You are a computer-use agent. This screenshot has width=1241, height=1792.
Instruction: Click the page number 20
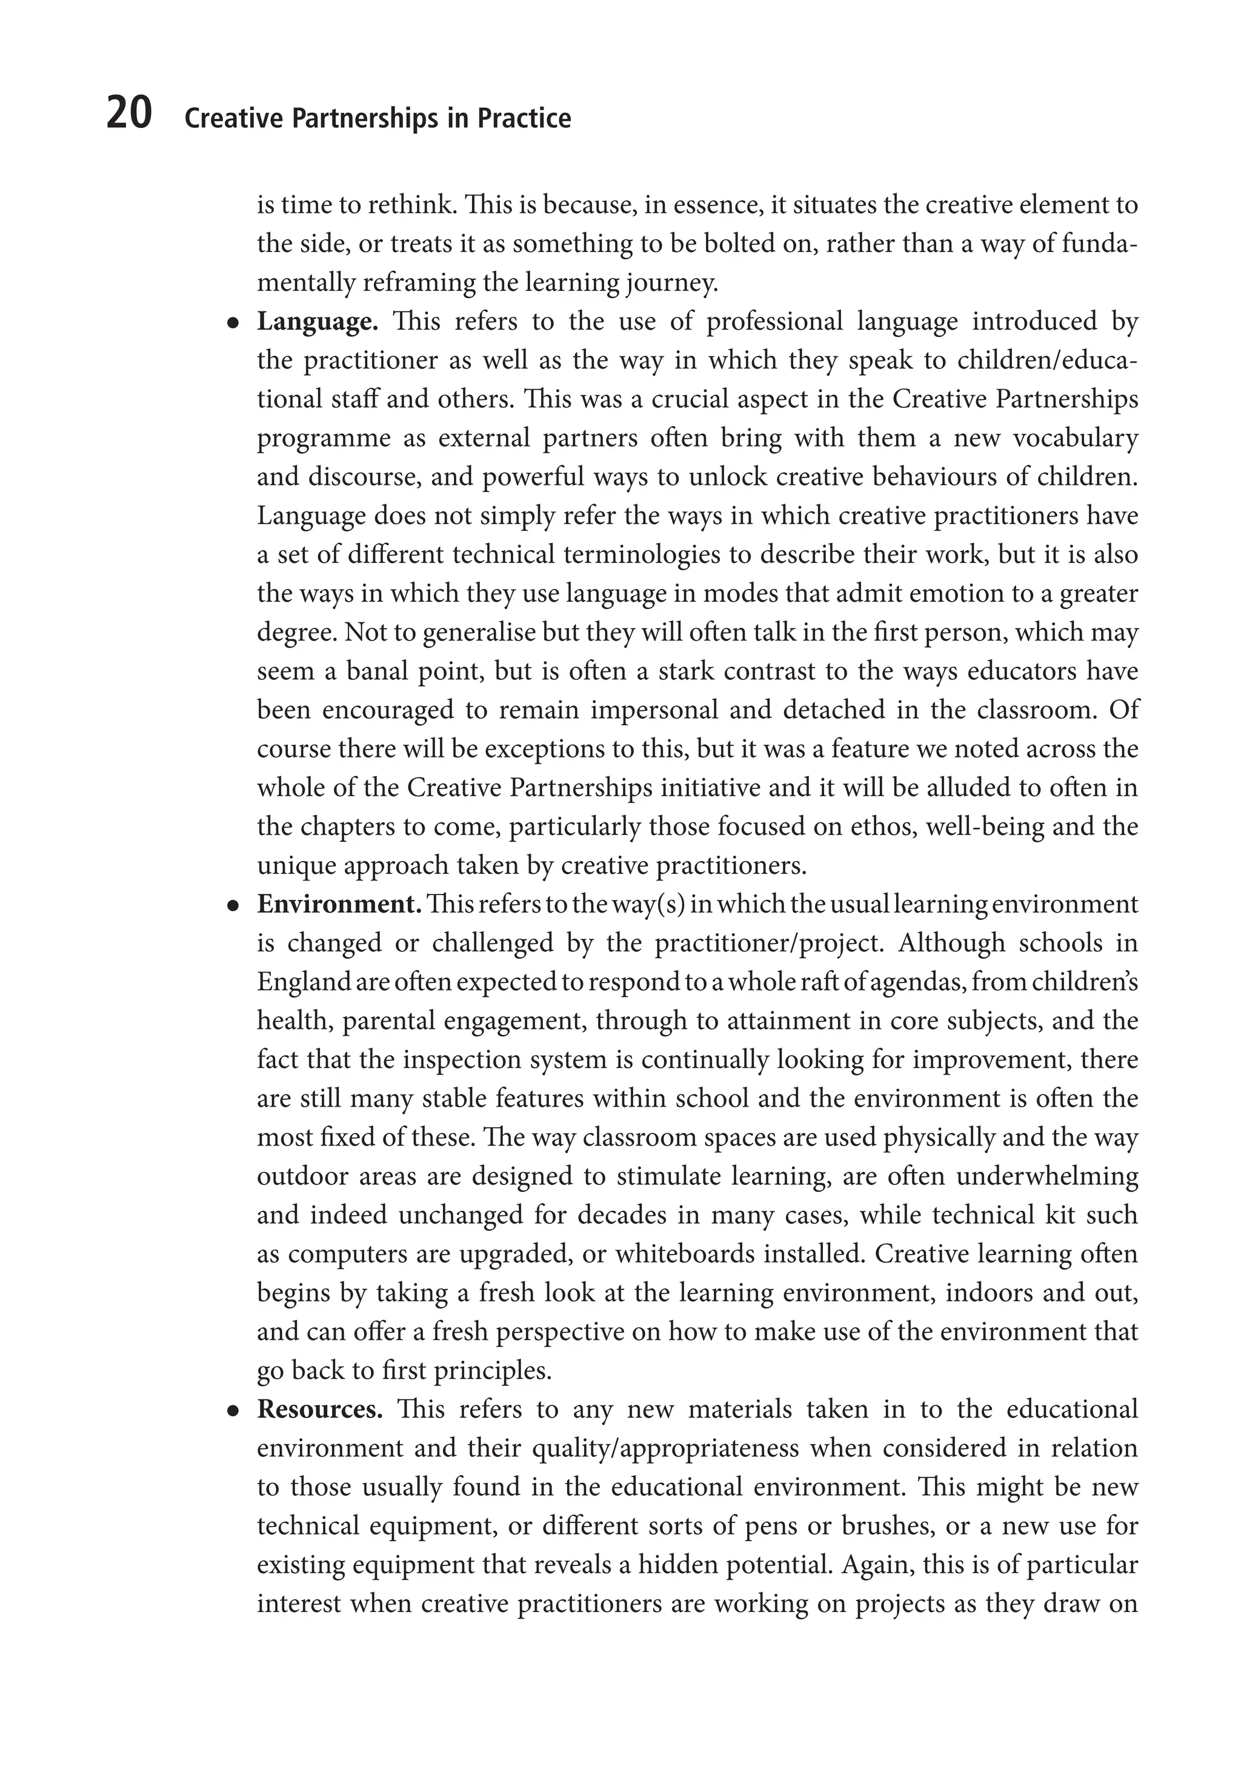coord(129,115)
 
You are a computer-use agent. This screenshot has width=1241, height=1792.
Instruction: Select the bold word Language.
coord(318,322)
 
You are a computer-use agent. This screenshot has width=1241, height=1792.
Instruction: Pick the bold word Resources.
coord(319,1410)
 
